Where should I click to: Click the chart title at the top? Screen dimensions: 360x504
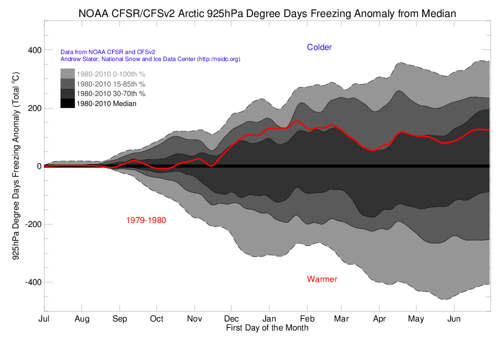click(x=267, y=13)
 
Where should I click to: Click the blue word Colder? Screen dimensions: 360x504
click(x=319, y=47)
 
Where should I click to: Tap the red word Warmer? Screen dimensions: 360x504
click(x=322, y=279)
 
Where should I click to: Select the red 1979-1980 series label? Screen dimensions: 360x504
click(x=146, y=220)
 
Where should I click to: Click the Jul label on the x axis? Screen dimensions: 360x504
click(x=44, y=318)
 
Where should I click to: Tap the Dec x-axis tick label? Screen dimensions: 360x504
click(x=231, y=318)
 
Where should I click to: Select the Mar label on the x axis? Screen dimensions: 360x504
click(x=341, y=318)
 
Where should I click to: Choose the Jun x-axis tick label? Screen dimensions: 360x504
click(x=453, y=318)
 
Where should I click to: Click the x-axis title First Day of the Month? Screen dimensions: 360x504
click(x=267, y=328)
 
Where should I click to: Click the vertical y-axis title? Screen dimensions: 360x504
click(x=15, y=165)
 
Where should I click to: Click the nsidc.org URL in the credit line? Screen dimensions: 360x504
click(x=219, y=59)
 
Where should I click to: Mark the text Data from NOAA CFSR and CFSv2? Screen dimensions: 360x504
click(x=107, y=51)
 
